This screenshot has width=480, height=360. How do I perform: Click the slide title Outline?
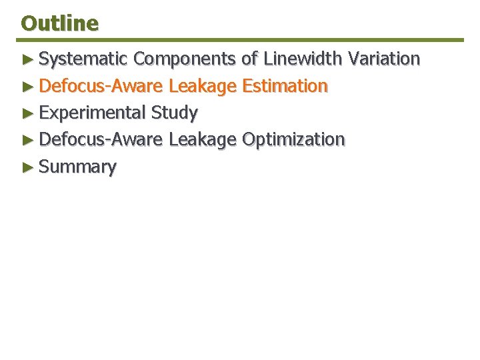tap(59, 23)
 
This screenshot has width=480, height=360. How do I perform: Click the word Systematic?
tap(83, 59)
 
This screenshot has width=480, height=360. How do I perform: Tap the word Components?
tap(185, 59)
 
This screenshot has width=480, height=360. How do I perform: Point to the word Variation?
tap(382, 59)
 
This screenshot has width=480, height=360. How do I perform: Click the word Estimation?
tap(285, 86)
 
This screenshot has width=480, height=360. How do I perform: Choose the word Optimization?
tap(293, 139)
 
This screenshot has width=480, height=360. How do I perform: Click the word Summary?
tap(77, 167)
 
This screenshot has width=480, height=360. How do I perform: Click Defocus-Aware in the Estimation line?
tap(101, 86)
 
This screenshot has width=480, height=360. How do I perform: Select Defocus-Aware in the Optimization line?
tap(101, 139)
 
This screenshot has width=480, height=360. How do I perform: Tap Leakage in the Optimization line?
tap(203, 140)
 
